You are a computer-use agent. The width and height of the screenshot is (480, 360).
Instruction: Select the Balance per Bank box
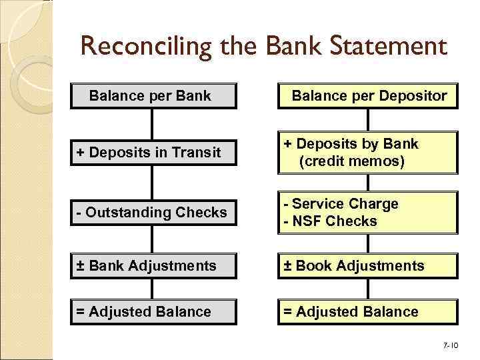tap(153, 96)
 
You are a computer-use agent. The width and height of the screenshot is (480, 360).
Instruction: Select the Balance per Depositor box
tap(368, 96)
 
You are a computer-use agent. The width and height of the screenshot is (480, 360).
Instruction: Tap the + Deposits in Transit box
tap(153, 153)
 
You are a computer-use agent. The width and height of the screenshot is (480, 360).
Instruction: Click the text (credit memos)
tap(351, 161)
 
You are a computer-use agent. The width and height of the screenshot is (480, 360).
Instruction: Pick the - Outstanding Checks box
tap(153, 213)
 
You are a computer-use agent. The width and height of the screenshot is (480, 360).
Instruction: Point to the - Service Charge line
tap(341, 204)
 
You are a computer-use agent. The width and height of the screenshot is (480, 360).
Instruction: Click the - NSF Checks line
tap(331, 221)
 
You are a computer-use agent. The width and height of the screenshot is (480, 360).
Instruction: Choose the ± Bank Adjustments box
tap(153, 266)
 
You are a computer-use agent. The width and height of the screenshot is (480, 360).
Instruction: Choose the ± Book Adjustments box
tap(368, 266)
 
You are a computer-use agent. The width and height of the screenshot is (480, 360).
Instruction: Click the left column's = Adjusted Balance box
tap(153, 311)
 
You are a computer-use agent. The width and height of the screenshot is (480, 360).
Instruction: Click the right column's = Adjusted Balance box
tap(368, 311)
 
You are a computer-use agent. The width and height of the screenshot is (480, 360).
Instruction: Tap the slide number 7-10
tap(451, 346)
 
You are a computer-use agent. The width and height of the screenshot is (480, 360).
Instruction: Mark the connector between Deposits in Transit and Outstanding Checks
tap(153, 182)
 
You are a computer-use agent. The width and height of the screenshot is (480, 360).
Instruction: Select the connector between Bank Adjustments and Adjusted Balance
tap(153, 289)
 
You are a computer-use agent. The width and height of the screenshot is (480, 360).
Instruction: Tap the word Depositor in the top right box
tap(413, 96)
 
